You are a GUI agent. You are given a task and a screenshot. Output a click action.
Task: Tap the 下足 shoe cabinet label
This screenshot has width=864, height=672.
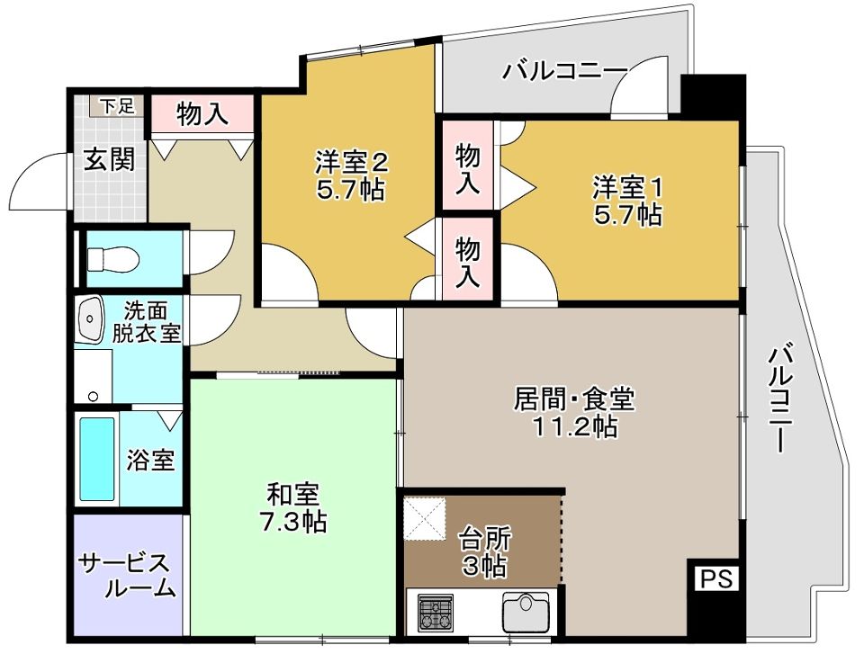click(x=116, y=105)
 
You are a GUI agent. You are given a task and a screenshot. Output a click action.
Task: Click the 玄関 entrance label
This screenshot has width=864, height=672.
click(x=110, y=159)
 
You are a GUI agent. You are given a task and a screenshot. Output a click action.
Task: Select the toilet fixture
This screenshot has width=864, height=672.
click(x=112, y=260)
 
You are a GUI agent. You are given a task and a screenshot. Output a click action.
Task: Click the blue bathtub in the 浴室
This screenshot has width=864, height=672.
click(x=97, y=458)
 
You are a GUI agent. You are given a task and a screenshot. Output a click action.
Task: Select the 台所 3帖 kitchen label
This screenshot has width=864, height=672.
click(x=485, y=552)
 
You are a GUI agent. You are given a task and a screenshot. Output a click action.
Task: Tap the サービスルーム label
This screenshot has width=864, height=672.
click(x=126, y=576)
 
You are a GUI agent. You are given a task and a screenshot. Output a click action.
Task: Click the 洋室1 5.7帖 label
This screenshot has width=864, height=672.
click(x=627, y=201)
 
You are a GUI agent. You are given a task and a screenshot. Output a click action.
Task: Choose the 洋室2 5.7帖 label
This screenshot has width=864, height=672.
click(x=350, y=176)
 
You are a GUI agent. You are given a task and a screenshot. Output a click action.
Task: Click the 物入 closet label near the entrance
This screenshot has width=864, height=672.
click(x=202, y=114)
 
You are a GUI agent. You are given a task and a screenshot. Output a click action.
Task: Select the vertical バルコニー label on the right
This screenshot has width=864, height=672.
click(x=783, y=397)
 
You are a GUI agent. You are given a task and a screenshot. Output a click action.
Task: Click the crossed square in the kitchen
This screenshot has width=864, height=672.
click(x=425, y=519)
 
